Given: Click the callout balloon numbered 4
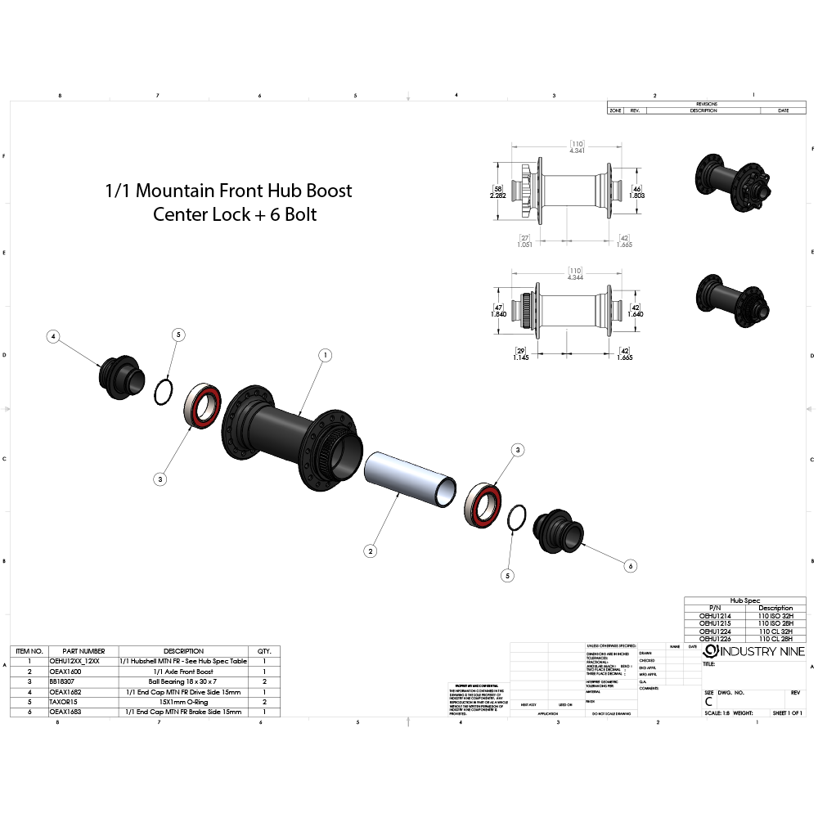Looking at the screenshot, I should click(53, 336).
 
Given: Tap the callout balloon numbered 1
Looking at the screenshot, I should click(325, 355).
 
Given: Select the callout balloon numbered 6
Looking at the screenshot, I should click(630, 565).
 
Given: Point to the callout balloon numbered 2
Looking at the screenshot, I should click(371, 551).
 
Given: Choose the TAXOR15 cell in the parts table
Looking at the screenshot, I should click(65, 701).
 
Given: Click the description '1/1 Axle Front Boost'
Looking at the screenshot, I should click(182, 671).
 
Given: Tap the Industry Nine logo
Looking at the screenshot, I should click(753, 651).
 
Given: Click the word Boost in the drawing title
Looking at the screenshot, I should click(329, 191).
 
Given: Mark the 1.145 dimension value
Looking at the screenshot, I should click(519, 357).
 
